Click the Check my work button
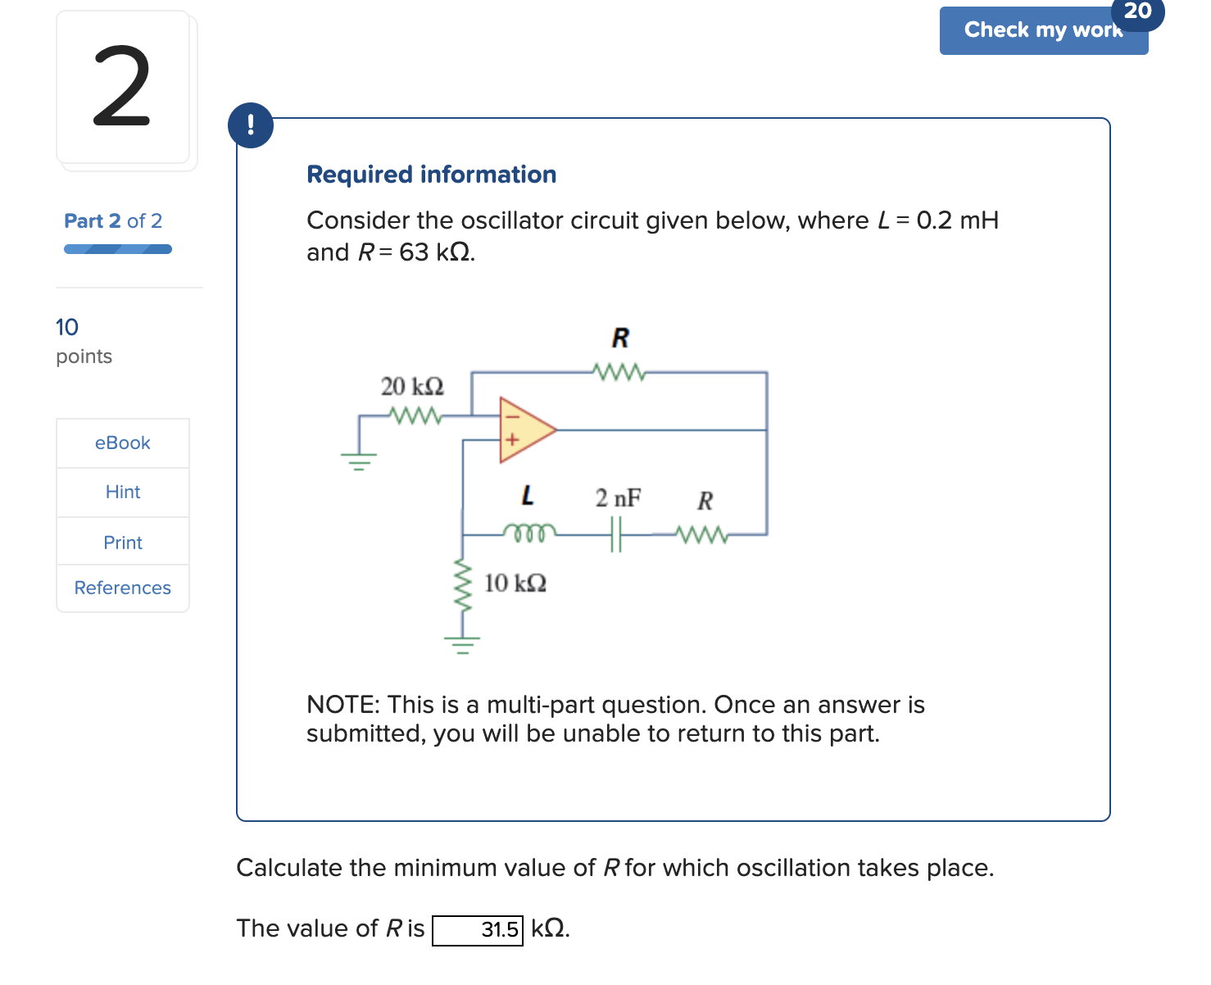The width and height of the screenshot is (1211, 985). point(1042,31)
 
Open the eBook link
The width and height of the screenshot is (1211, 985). point(123,443)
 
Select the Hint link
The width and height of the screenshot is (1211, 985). point(123,493)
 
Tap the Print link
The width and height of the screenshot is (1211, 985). point(123,542)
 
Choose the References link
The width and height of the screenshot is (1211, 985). point(123,588)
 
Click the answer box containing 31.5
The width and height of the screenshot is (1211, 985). point(478,930)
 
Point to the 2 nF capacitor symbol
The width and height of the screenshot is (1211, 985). point(616,534)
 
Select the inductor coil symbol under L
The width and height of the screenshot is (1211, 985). point(529,533)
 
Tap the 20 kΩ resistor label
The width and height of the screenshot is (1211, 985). point(412,386)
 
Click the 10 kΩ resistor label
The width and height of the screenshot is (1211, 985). point(515,583)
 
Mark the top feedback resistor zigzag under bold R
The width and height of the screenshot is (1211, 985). point(619,373)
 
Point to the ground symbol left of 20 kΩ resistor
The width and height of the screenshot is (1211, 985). point(359,461)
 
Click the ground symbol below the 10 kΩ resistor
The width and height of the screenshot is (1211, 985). point(463,645)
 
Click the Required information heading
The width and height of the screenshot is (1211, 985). point(431,175)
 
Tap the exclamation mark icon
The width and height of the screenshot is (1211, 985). point(251,125)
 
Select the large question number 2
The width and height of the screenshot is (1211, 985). point(122,88)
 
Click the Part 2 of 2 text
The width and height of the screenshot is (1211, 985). point(113,221)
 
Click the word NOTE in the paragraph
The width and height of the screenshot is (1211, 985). point(342,705)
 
